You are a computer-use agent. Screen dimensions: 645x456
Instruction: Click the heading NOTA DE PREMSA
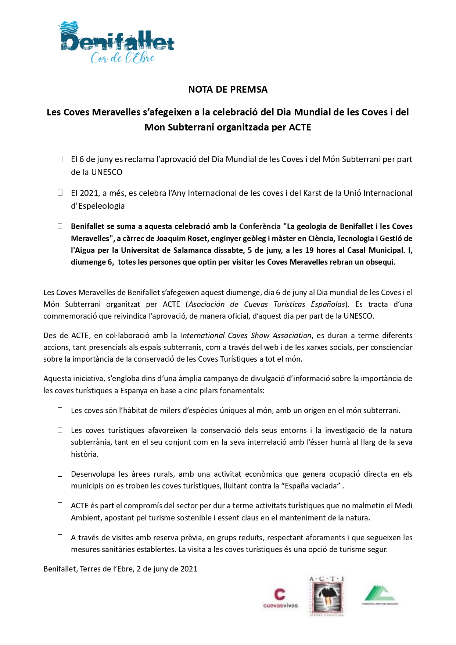228,89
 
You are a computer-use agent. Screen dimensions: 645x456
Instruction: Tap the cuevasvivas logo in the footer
280,598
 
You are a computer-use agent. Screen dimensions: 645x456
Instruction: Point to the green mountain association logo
380,595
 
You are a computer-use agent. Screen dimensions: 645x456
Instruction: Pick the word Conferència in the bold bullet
260,226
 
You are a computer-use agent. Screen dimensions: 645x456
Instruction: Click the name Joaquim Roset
177,239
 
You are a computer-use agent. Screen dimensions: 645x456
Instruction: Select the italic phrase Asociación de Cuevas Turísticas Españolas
267,304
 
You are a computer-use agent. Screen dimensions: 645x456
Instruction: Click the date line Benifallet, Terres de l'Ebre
120,569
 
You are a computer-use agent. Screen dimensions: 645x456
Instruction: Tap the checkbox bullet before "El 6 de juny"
60,159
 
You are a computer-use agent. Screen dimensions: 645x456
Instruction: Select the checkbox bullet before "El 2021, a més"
60,193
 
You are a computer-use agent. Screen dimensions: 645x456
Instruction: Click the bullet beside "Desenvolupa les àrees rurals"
60,474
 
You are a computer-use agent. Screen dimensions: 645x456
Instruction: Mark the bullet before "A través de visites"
60,537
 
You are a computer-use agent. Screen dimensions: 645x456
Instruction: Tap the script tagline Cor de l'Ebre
123,58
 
